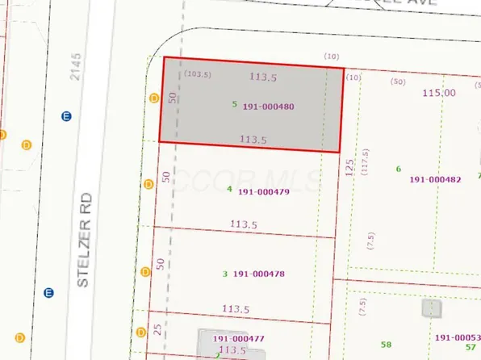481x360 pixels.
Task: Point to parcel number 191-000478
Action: tap(258, 274)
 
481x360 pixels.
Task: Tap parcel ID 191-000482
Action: tap(435, 179)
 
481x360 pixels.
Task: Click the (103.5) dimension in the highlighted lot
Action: tap(197, 73)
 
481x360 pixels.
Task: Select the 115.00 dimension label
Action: tap(439, 94)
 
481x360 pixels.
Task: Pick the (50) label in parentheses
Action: tap(397, 81)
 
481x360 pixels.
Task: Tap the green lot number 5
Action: tap(234, 104)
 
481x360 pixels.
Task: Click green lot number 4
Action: tap(229, 190)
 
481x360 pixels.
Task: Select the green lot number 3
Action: tap(224, 274)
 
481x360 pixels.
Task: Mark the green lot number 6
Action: tap(399, 168)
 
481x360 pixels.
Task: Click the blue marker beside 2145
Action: tap(66, 116)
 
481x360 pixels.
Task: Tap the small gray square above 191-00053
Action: tap(432, 308)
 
